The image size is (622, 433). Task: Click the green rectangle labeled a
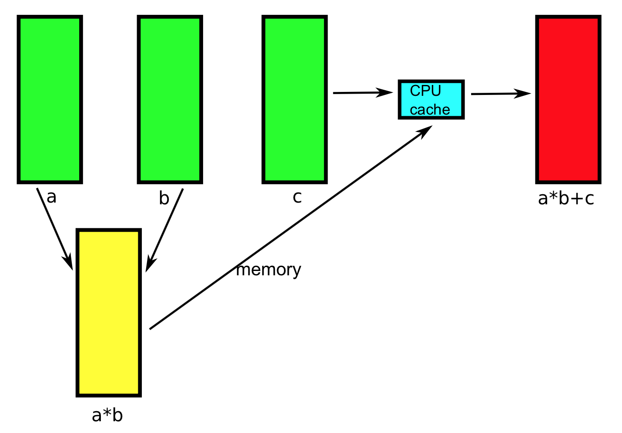50,99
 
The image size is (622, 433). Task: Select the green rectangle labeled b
170,99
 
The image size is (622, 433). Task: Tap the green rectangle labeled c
294,99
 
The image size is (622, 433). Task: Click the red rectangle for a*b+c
568,99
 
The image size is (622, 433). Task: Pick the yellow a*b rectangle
109,312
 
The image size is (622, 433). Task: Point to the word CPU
425,91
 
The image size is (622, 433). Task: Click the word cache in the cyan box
430,109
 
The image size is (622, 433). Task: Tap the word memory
268,270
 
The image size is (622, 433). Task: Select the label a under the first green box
51,197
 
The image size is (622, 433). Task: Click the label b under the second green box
164,198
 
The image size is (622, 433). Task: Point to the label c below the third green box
297,197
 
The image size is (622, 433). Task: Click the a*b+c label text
566,198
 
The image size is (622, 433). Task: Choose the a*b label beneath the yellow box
107,415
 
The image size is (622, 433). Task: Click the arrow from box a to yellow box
54,228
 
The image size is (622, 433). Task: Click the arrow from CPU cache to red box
500,94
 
